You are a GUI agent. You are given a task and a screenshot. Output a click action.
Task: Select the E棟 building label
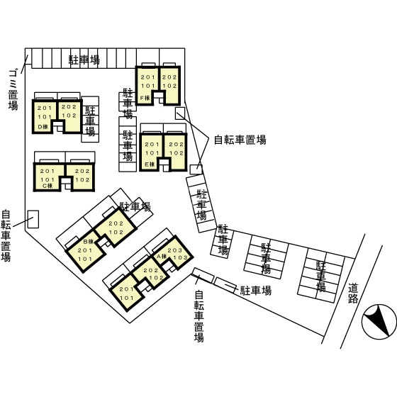(x=149, y=164)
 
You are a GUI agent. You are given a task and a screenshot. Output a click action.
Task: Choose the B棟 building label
(x=88, y=242)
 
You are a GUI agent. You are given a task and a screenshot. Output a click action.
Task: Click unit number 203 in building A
(x=176, y=250)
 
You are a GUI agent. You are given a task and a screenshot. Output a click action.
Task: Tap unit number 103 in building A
(x=180, y=259)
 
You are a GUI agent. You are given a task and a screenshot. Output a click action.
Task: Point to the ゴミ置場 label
(x=12, y=89)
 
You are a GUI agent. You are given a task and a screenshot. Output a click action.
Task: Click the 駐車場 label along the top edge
(x=84, y=59)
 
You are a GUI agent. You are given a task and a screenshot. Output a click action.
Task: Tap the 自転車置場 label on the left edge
(x=6, y=236)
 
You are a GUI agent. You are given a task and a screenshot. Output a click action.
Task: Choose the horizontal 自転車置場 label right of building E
(x=240, y=140)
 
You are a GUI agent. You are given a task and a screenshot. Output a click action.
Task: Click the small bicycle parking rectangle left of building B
(x=33, y=218)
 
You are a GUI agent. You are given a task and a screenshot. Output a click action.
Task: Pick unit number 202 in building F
(x=169, y=77)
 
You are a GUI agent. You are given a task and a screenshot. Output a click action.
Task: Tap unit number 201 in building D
(x=44, y=107)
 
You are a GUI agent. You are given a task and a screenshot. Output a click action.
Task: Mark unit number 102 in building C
(x=82, y=180)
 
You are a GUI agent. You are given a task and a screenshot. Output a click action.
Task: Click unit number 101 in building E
(x=151, y=153)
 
